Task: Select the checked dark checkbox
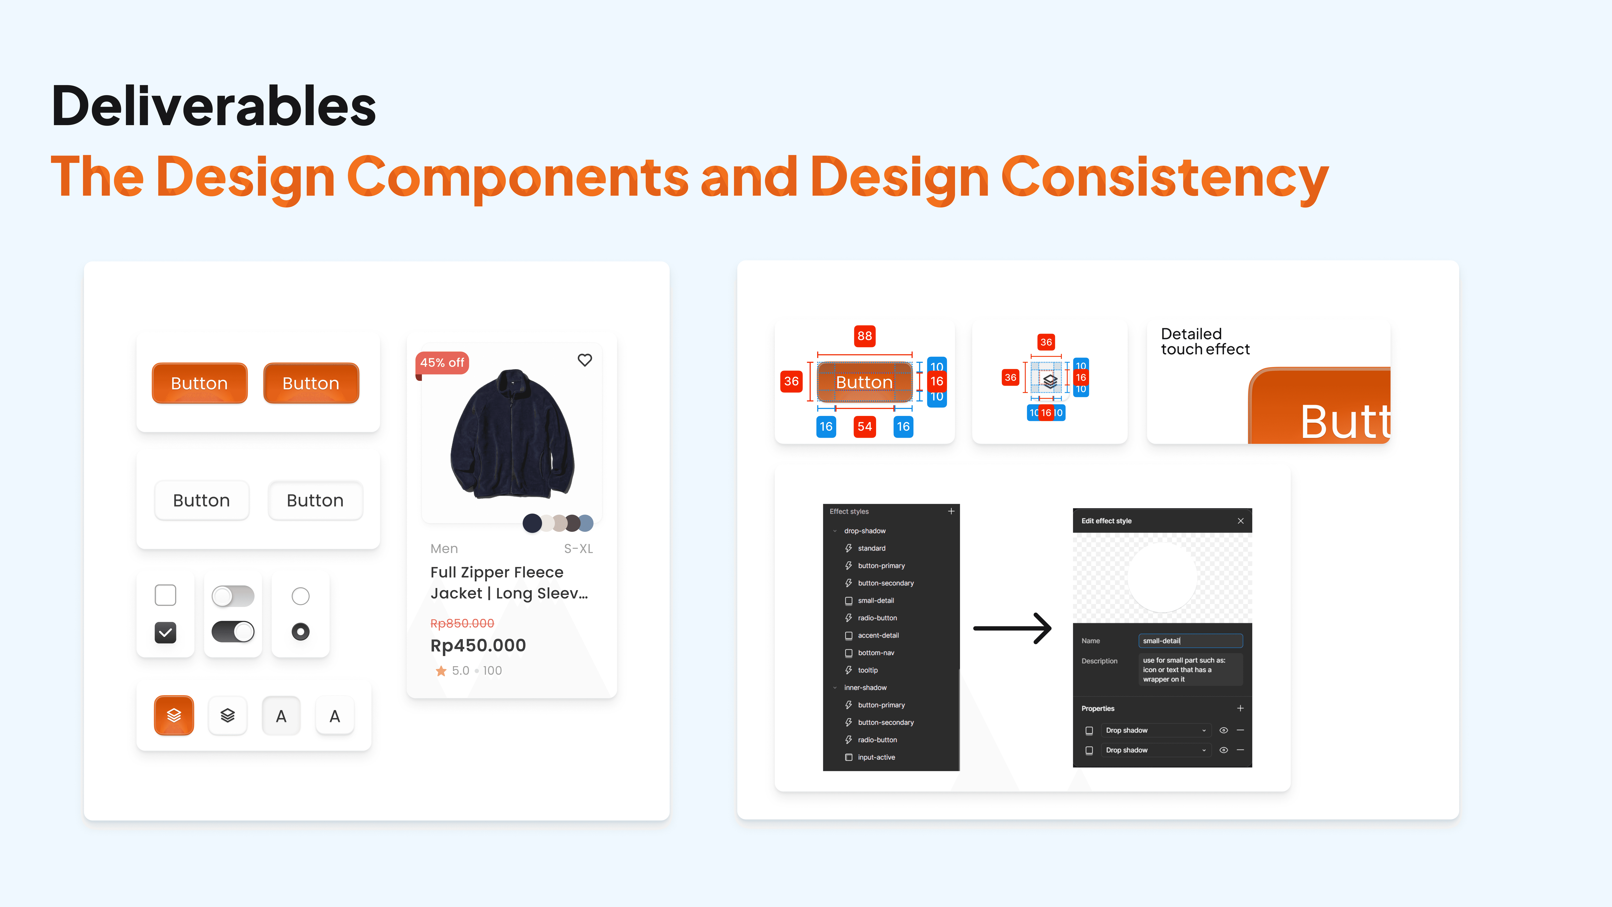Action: click(x=165, y=632)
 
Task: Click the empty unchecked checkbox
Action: click(x=165, y=595)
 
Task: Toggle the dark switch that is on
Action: click(x=233, y=632)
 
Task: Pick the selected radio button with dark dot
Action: click(x=300, y=632)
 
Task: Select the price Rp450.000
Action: click(x=478, y=645)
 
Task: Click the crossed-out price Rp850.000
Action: click(x=462, y=623)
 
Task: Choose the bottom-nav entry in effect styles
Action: click(x=876, y=653)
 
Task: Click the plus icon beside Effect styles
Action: click(x=951, y=511)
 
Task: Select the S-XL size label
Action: click(x=578, y=549)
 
